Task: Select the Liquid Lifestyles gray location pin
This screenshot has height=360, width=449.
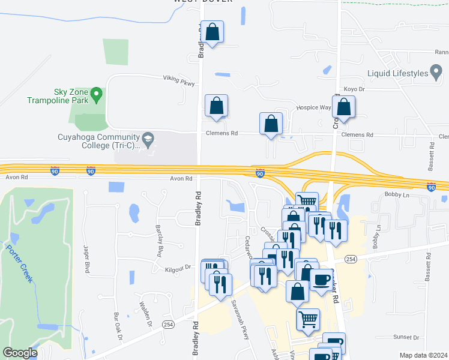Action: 436,74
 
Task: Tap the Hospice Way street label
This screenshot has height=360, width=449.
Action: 313,108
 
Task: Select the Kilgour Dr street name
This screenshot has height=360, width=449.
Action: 178,268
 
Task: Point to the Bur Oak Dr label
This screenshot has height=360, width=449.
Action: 118,327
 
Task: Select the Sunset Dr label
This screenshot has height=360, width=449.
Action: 405,338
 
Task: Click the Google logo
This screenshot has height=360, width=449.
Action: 20,353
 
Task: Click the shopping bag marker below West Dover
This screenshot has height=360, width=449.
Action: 212,32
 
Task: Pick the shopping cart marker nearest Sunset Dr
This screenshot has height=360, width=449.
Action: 308,319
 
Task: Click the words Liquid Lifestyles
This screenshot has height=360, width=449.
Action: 398,74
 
